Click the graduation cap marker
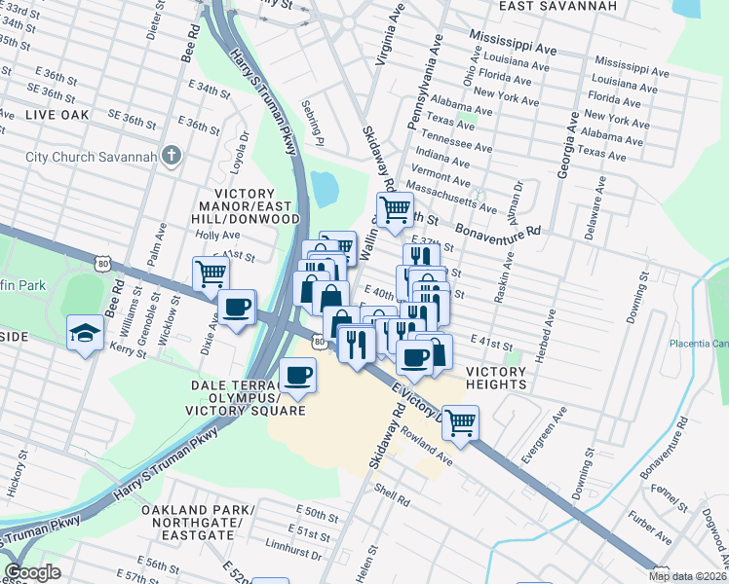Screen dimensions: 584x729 click(86, 333)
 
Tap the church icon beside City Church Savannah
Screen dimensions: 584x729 click(172, 156)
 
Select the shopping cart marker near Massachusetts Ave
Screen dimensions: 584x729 click(395, 208)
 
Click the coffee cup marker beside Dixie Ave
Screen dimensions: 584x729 click(236, 309)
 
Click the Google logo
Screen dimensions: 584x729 click(31, 572)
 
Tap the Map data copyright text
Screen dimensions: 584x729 click(686, 576)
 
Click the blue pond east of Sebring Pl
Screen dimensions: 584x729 click(324, 188)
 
